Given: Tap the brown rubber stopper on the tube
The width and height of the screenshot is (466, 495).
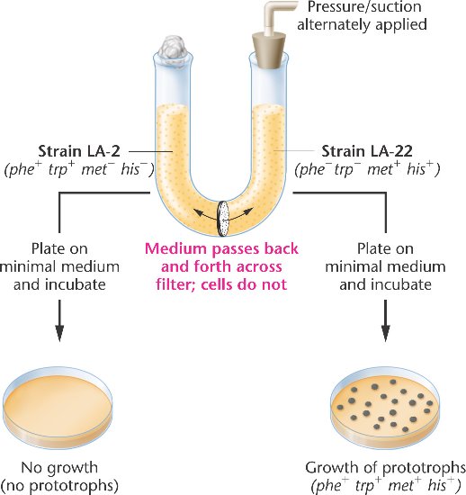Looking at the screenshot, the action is [267, 51].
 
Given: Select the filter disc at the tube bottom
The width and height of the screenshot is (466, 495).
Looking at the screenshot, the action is [223, 219].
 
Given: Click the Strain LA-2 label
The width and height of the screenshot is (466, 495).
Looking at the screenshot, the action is [79, 151].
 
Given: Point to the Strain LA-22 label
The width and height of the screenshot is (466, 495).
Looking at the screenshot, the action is [367, 151].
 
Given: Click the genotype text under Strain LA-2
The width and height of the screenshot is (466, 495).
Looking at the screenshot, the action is [79, 169].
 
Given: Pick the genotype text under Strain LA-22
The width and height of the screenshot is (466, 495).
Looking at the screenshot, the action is [367, 169].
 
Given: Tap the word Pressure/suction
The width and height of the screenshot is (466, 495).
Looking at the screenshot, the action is [364, 7].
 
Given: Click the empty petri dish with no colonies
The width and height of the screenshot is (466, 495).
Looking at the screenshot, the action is [58, 407].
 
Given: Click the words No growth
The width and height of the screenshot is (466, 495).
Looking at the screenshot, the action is [59, 467].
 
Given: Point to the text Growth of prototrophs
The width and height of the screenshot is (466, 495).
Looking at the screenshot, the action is [385, 467].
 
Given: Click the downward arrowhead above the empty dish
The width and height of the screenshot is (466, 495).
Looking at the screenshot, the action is [59, 333].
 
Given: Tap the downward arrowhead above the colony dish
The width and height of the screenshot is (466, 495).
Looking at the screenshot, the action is [385, 333].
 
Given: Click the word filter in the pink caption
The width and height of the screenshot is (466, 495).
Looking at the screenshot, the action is [175, 284].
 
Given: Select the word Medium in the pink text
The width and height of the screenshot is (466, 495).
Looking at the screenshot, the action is [175, 248].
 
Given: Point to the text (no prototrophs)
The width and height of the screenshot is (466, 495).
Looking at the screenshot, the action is [59, 485].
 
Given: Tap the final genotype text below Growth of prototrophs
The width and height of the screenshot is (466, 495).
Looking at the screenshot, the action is [386, 485].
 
